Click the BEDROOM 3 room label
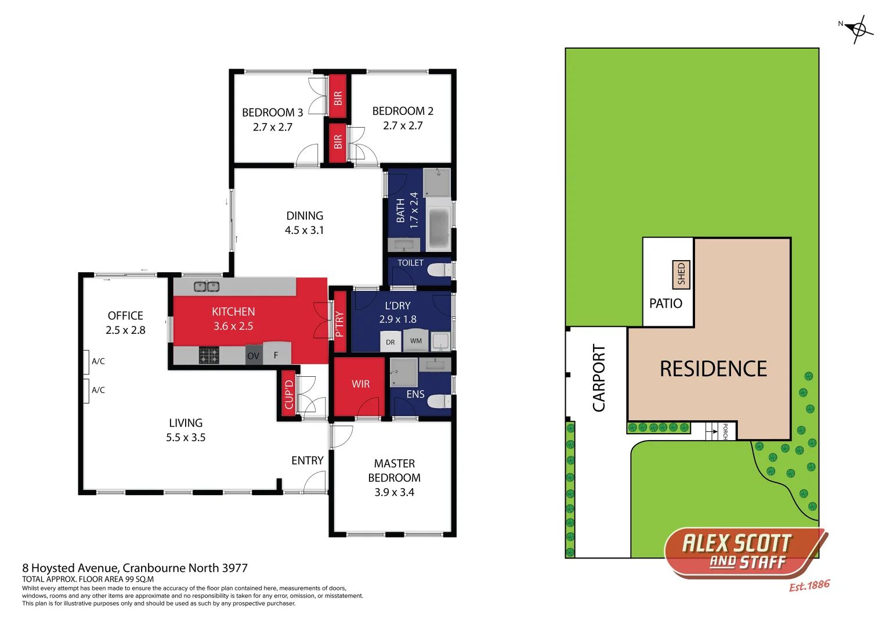(272, 113)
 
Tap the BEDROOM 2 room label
(403, 111)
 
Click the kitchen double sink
(206, 286)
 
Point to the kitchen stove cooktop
(209, 355)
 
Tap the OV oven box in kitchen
(253, 355)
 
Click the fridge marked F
(276, 354)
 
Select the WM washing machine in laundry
(416, 341)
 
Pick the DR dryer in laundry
(390, 342)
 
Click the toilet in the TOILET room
(438, 270)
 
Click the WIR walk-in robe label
(360, 384)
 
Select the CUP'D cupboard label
(289, 394)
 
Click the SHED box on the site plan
(681, 274)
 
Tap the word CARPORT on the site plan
(599, 378)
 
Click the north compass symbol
(858, 28)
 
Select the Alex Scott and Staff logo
(745, 552)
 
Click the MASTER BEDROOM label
(395, 477)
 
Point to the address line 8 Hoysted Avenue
(135, 568)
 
